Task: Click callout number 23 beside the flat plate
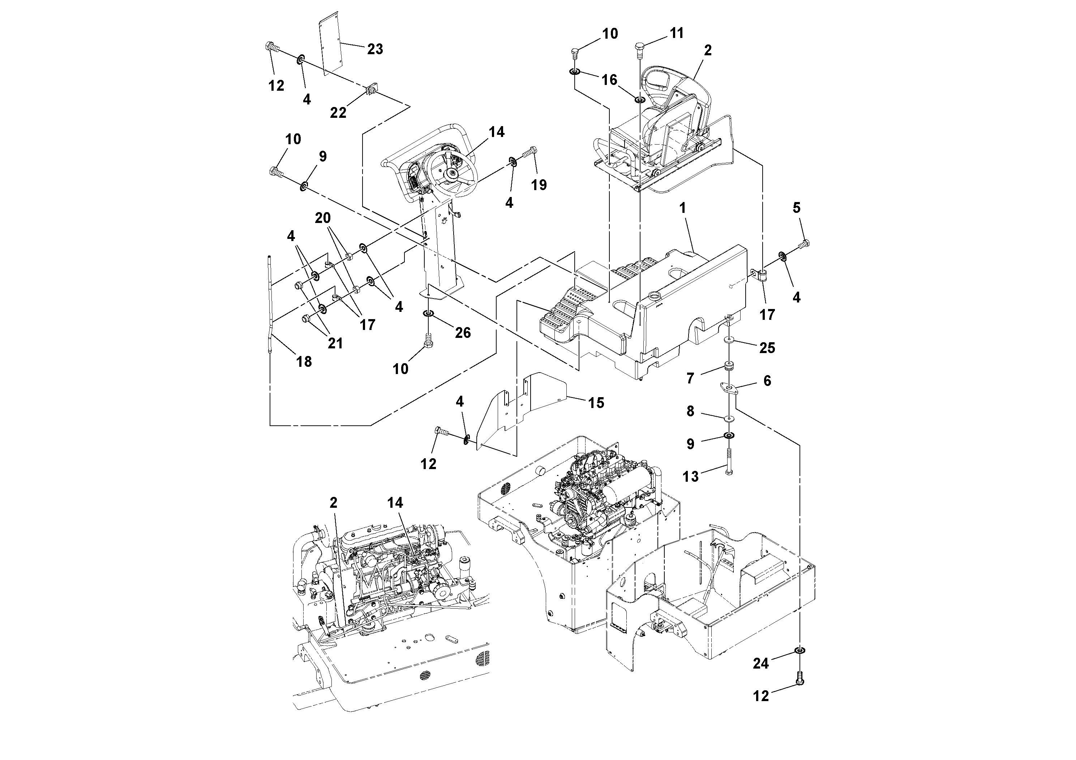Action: (375, 49)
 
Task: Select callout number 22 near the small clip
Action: (338, 112)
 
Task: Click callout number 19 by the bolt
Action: (539, 185)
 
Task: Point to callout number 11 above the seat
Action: (677, 33)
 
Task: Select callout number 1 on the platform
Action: (683, 208)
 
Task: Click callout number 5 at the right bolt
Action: (797, 207)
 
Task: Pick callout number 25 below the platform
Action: (767, 348)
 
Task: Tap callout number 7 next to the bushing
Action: (690, 378)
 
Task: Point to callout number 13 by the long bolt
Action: (690, 477)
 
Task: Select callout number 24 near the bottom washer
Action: (760, 664)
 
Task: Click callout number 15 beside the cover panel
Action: (596, 403)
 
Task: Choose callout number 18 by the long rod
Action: (304, 361)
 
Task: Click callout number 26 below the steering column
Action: (463, 333)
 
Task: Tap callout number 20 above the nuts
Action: (323, 218)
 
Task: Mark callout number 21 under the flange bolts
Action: (335, 343)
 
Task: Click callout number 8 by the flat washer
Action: (690, 411)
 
